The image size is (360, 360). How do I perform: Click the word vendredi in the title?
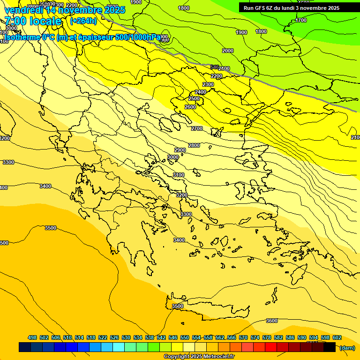pos(23,10)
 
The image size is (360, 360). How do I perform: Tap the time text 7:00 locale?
pos(33,21)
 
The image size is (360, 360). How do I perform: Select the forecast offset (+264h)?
pos(83,21)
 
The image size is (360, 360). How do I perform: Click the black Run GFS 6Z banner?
pos(291,7)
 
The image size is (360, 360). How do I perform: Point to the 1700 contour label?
pos(301,20)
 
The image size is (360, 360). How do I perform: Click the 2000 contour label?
pos(228,51)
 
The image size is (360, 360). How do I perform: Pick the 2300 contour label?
pos(208,84)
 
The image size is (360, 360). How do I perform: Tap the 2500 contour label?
pos(194,98)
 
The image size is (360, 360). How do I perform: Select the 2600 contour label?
pos(190,107)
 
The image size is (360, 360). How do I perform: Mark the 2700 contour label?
pos(197,128)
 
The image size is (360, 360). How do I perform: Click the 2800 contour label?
pos(194,145)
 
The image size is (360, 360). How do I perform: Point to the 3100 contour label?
pos(178,174)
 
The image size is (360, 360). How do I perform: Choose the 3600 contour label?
pos(272,321)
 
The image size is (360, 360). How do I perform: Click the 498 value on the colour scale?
pos(32,337)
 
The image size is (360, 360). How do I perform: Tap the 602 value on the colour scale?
pos(337,337)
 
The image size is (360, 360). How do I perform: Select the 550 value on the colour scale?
pos(185,337)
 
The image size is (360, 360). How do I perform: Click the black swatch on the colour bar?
pos(330,347)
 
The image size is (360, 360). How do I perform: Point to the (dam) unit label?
pos(347,347)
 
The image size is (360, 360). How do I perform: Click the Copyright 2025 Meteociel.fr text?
pos(199,356)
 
